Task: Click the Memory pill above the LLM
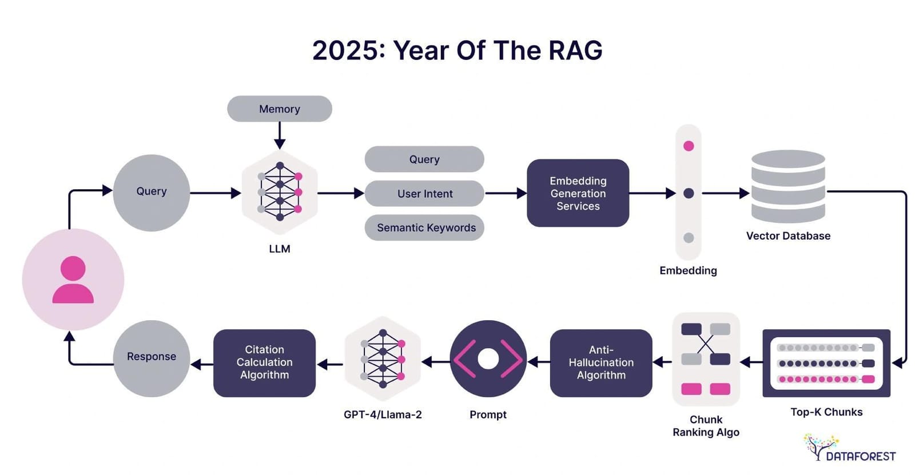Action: [279, 109]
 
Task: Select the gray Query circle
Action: [152, 193]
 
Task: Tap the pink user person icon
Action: [73, 280]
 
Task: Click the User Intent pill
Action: [424, 194]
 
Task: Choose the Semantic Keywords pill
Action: [424, 227]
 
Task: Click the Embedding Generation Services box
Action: [578, 193]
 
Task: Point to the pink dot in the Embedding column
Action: [689, 146]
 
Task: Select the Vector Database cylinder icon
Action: [788, 186]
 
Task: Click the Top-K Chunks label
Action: [826, 412]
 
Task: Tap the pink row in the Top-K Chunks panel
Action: [826, 379]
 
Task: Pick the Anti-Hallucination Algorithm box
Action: [600, 362]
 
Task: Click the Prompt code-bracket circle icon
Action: [488, 359]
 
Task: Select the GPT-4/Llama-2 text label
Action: [383, 414]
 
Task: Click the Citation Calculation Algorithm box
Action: [264, 362]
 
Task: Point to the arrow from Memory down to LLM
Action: [279, 136]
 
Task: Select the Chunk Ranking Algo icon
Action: [706, 359]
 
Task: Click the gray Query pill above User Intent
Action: [424, 159]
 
